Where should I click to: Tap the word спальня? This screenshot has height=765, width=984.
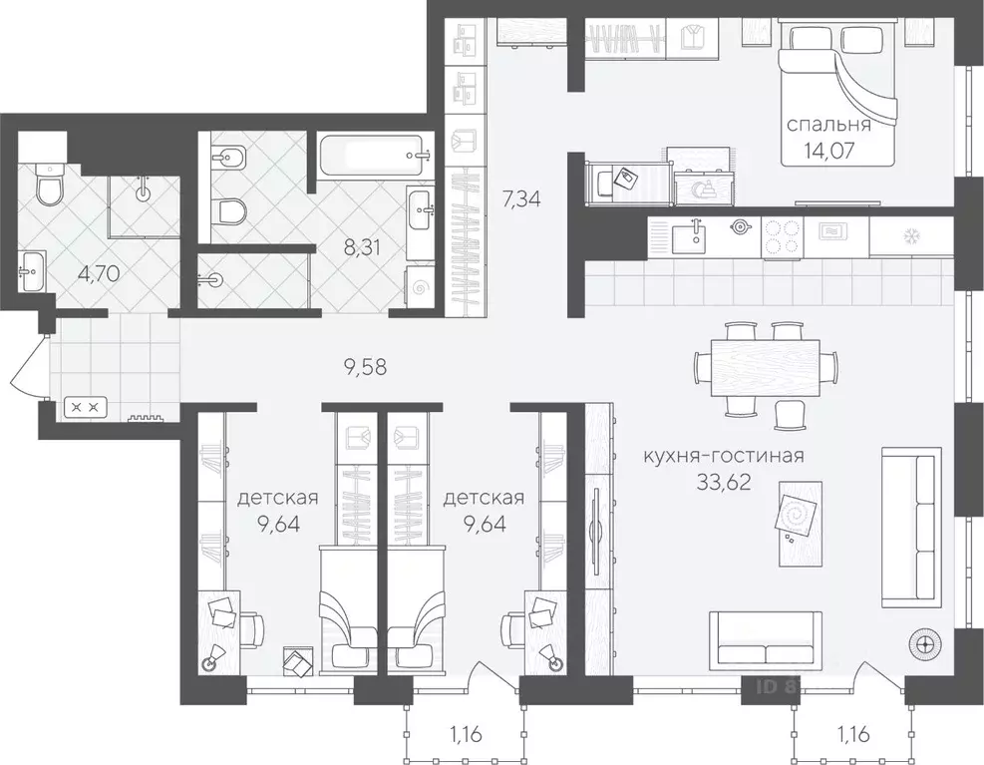click(x=829, y=126)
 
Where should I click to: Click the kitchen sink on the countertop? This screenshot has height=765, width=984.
click(x=689, y=238)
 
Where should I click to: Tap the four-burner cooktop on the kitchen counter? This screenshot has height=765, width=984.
click(x=784, y=237)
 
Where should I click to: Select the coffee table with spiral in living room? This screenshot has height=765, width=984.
click(x=801, y=516)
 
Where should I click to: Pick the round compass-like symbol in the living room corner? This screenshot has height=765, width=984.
click(x=926, y=644)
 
